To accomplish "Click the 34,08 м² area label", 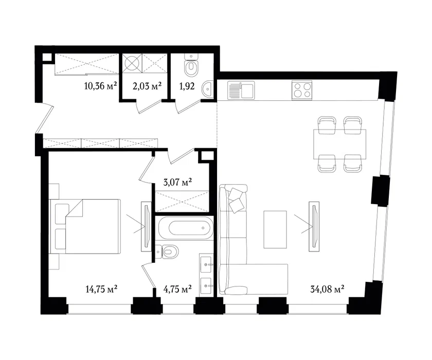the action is pyautogui.click(x=327, y=289).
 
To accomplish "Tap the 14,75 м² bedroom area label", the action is pyautogui.click(x=102, y=289).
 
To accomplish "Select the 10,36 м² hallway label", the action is pyautogui.click(x=101, y=86).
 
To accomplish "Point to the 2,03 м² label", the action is pyautogui.click(x=147, y=86).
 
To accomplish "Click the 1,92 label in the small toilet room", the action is pyautogui.click(x=187, y=86).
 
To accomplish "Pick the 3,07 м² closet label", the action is pyautogui.click(x=177, y=182).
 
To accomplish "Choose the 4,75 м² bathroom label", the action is pyautogui.click(x=177, y=289).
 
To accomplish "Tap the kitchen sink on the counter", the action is pyautogui.click(x=241, y=90).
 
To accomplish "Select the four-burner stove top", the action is pyautogui.click(x=302, y=90).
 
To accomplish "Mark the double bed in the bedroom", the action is pyautogui.click(x=85, y=226).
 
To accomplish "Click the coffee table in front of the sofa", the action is pyautogui.click(x=275, y=229).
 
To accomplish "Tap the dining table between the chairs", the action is pyautogui.click(x=340, y=144).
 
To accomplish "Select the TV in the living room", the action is pyautogui.click(x=314, y=226).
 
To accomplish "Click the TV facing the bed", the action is pyautogui.click(x=146, y=226).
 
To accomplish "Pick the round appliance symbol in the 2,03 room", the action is pyautogui.click(x=132, y=63).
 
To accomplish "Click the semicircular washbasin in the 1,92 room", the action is pyautogui.click(x=207, y=89).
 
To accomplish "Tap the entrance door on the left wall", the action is pyautogui.click(x=44, y=118).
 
